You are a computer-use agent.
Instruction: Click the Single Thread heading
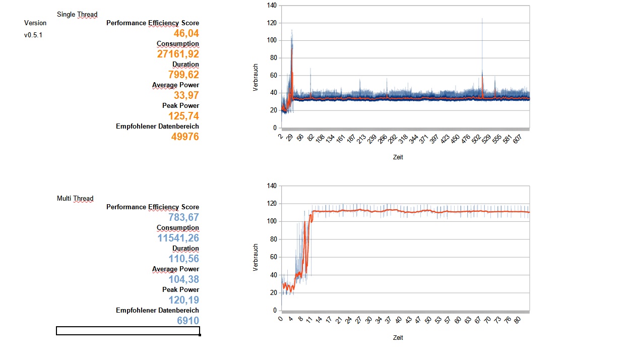point(77,14)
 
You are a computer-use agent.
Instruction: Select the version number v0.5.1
point(34,35)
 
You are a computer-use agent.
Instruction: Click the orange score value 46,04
point(186,33)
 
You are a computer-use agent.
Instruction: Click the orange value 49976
point(186,137)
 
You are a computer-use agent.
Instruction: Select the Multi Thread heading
point(75,198)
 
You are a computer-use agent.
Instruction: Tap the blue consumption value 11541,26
point(178,238)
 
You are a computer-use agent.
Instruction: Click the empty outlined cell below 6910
point(128,331)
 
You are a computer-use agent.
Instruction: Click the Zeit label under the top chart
point(398,157)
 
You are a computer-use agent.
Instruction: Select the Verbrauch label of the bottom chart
point(256,258)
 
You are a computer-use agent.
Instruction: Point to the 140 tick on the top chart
point(272,6)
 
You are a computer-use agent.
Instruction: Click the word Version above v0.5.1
point(35,23)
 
